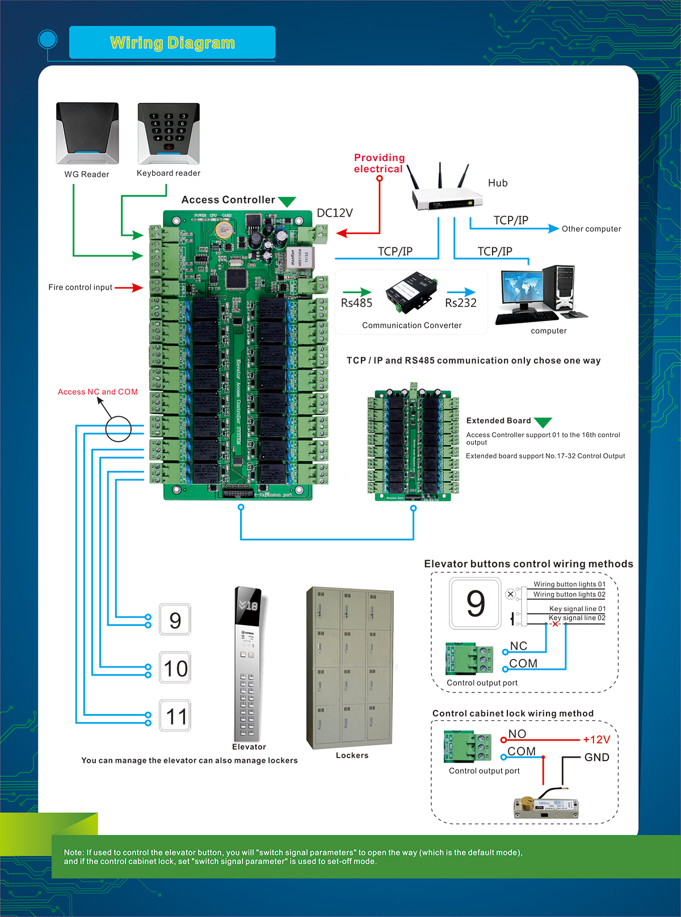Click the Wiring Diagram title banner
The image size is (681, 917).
coord(172,43)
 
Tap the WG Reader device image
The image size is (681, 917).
coord(87,133)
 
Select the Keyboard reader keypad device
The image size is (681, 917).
coord(169,133)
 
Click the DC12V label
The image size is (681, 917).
coord(335,213)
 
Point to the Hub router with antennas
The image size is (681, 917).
coord(445,190)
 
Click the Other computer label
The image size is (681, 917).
coord(591,229)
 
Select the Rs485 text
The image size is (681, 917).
coord(356,303)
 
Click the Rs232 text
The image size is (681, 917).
coord(461,303)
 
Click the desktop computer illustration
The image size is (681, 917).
coord(542,295)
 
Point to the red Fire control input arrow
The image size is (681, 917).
coord(129,288)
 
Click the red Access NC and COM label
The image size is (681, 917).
coord(98,392)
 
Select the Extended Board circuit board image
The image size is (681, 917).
coord(413,444)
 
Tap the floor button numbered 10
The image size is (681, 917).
coord(175,668)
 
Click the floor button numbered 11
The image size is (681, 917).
coord(175,716)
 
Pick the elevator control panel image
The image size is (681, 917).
coord(247,664)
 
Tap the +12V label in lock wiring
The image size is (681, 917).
coord(596,740)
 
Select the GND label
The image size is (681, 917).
coord(596,758)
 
